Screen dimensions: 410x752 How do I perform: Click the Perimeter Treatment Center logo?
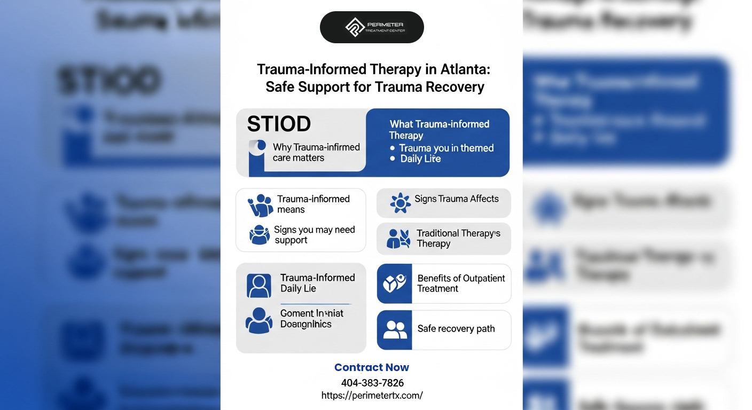coord(372,27)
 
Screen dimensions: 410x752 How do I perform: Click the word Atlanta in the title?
coord(463,69)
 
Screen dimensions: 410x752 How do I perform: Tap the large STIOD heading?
coord(279,124)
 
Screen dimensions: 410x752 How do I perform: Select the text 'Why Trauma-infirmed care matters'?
coord(316,152)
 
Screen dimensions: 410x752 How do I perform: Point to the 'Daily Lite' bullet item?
coord(420,159)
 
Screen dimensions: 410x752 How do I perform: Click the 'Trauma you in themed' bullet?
coord(446,148)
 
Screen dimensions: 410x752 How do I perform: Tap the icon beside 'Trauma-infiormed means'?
coord(260,205)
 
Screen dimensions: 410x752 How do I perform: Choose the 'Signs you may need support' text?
coord(314,235)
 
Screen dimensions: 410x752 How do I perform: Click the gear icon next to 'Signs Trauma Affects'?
coord(400,203)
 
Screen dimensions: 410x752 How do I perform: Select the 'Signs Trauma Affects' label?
coord(456,199)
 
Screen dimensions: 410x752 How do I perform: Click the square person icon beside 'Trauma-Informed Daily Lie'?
coord(259,286)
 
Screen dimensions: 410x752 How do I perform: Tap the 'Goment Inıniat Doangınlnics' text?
coord(312,319)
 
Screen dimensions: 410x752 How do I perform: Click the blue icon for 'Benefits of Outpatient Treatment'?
coord(394,283)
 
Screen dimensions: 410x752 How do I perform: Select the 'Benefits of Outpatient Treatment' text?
coord(461,283)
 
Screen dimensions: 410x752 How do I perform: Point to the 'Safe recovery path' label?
coord(456,329)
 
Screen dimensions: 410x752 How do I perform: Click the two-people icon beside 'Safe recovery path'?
coord(395,330)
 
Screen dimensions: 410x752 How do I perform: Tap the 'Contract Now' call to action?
coord(372,367)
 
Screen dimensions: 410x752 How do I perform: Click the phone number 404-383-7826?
coord(372,383)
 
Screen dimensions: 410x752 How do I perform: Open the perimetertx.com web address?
coord(372,396)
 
